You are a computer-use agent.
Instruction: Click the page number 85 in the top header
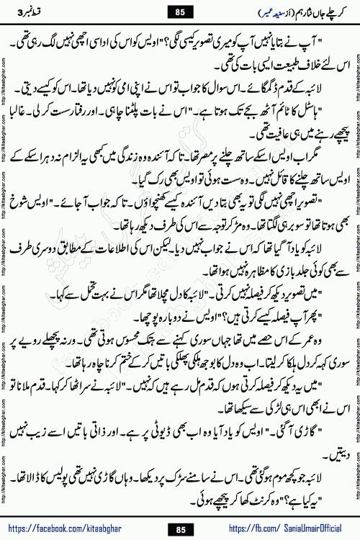[x=179, y=11]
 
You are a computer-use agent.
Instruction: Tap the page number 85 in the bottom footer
[x=179, y=530]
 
